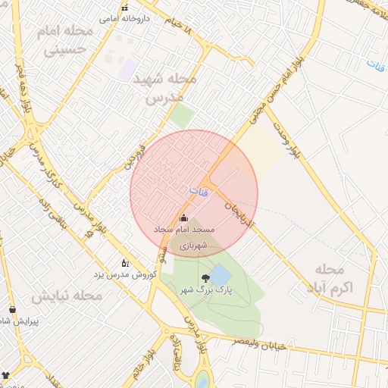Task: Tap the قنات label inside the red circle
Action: pos(198,189)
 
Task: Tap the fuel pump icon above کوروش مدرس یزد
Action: pos(126,262)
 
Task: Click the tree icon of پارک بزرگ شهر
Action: pos(205,278)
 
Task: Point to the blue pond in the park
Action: pos(219,274)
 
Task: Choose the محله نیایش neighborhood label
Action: pos(66,295)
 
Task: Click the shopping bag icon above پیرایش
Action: pos(12,309)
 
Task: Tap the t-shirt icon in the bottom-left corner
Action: pos(6,374)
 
